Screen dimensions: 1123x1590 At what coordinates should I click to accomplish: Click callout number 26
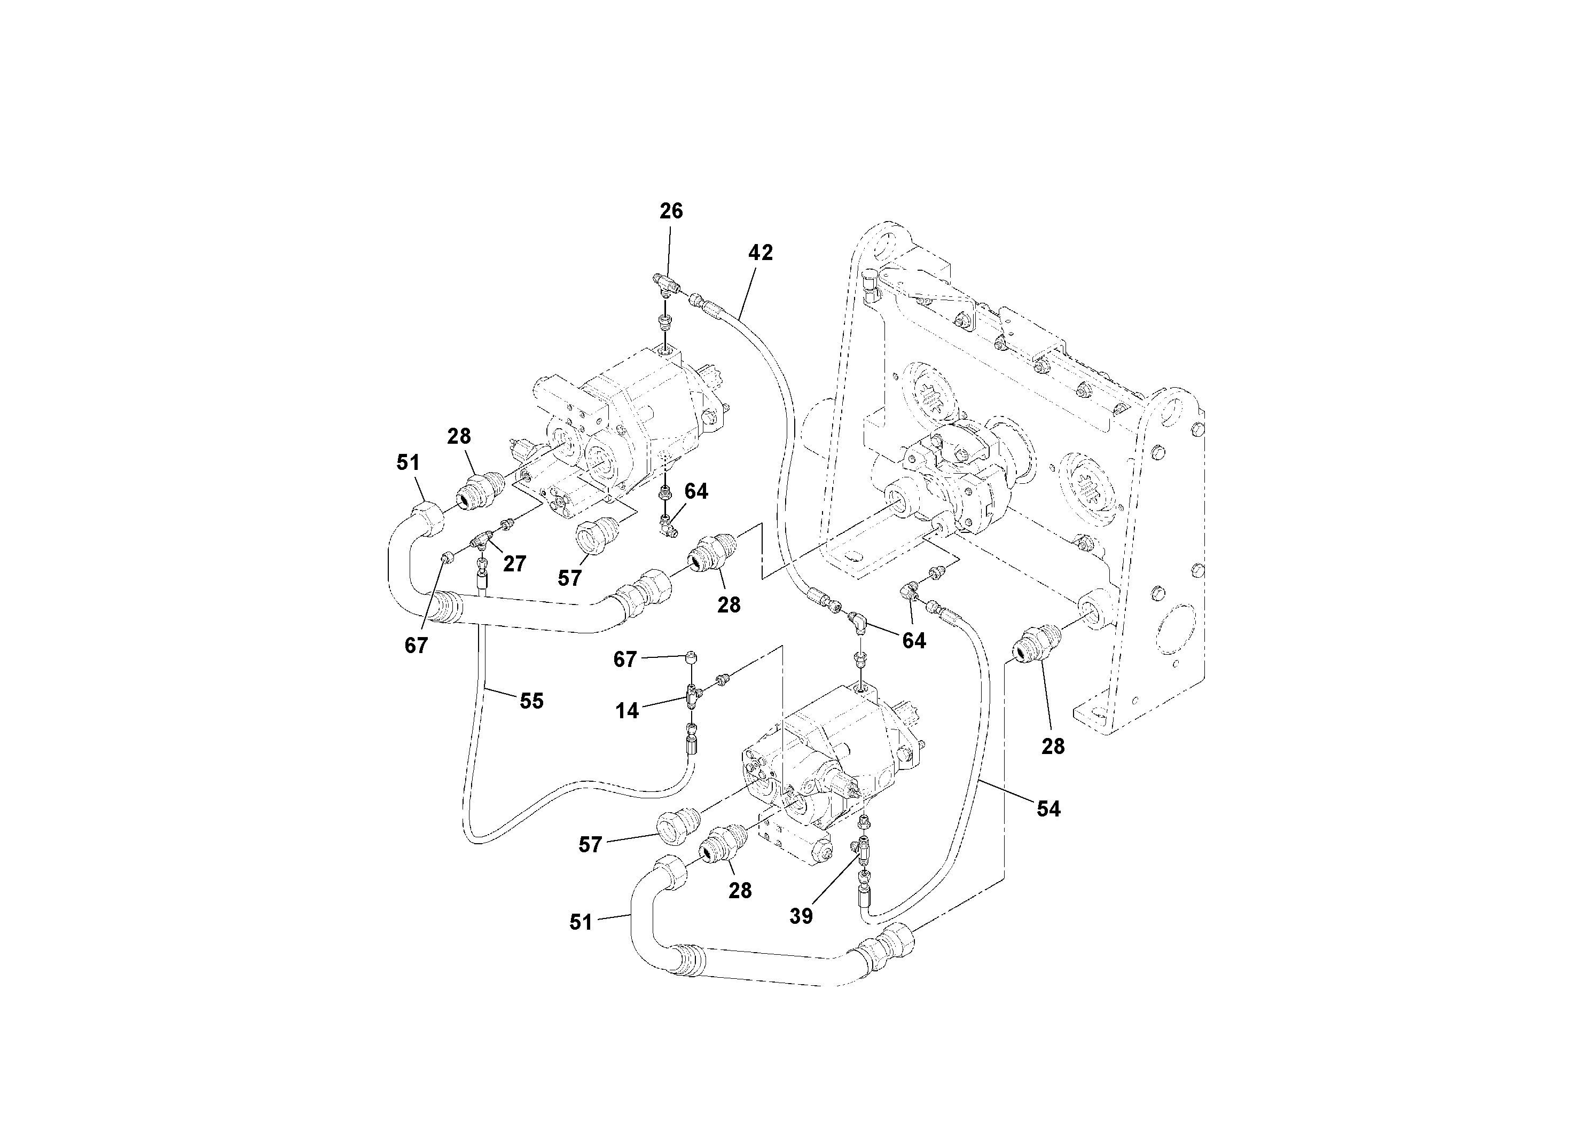(670, 211)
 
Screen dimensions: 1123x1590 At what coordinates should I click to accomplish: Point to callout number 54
(1048, 808)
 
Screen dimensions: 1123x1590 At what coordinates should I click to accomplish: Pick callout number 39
(801, 916)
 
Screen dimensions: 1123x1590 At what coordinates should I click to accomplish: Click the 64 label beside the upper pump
(696, 492)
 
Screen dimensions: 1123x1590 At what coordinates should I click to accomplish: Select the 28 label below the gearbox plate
(1053, 747)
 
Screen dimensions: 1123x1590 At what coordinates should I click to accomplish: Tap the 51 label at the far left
(408, 462)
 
